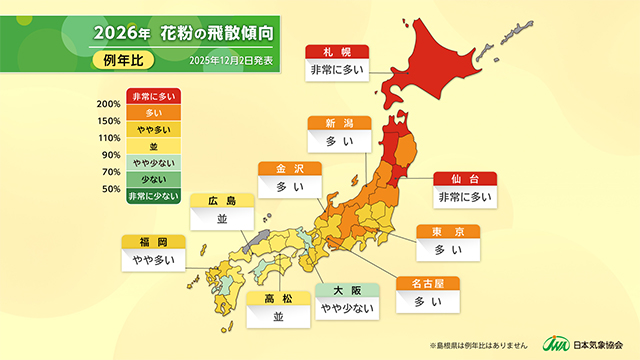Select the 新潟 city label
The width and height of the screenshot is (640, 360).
[x=338, y=123]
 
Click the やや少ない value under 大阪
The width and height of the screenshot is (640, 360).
[x=346, y=309]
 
